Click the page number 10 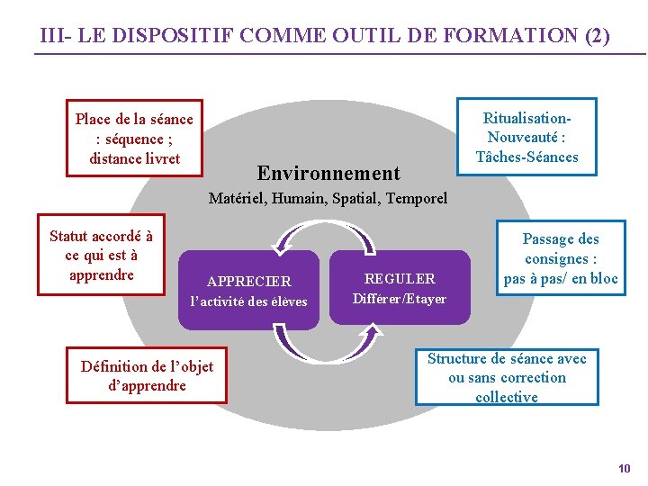(x=625, y=468)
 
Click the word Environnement (x=328, y=173)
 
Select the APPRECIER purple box (x=248, y=290)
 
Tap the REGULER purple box (x=399, y=288)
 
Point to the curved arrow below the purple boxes (x=324, y=344)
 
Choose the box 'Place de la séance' (x=134, y=139)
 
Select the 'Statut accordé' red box (x=101, y=256)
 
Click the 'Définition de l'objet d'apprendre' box (x=147, y=375)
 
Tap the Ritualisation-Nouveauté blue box (x=526, y=138)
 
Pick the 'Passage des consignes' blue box (x=561, y=258)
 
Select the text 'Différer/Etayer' (x=399, y=299)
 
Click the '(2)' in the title (x=597, y=37)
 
